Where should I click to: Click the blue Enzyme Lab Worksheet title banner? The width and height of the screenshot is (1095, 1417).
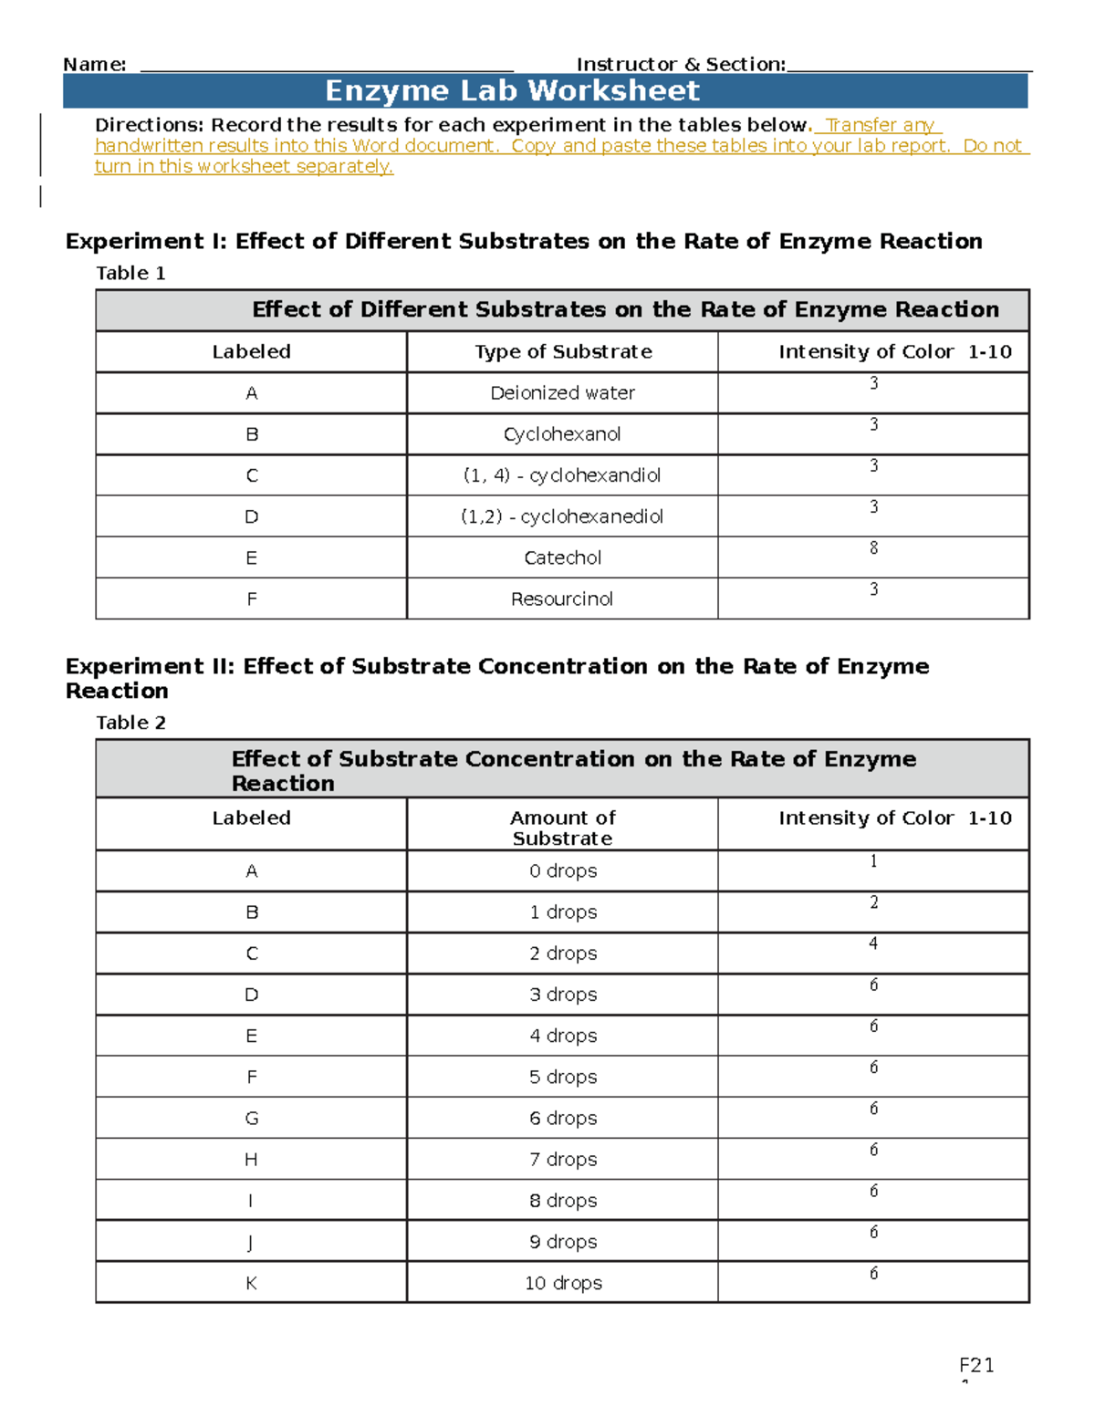pyautogui.click(x=546, y=91)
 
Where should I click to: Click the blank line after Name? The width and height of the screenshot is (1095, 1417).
pyautogui.click(x=327, y=66)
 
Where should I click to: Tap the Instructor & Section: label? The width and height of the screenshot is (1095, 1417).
pyautogui.click(x=681, y=65)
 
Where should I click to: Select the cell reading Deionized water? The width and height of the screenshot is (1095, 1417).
pyautogui.click(x=562, y=393)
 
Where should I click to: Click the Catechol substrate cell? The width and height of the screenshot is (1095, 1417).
pyautogui.click(x=562, y=558)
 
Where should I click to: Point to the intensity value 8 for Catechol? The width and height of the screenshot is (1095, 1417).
pyautogui.click(x=873, y=548)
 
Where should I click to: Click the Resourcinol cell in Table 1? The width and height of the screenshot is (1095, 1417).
pyautogui.click(x=562, y=599)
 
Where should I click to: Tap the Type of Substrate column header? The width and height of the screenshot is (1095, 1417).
pyautogui.click(x=562, y=352)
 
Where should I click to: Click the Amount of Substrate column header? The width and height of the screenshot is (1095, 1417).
pyautogui.click(x=562, y=828)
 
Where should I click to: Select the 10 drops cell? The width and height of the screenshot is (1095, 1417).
pyautogui.click(x=562, y=1283)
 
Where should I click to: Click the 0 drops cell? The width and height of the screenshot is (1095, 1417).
pyautogui.click(x=562, y=871)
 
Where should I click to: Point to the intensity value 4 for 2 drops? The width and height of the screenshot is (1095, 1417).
pyautogui.click(x=873, y=943)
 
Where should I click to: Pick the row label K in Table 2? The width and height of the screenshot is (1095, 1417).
pyautogui.click(x=252, y=1283)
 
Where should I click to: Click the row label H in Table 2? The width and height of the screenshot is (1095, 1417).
pyautogui.click(x=252, y=1160)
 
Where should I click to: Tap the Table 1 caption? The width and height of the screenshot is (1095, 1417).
pyautogui.click(x=130, y=274)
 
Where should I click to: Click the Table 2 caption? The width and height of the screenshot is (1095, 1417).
pyautogui.click(x=130, y=723)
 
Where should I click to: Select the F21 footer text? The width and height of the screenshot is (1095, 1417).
pyautogui.click(x=976, y=1365)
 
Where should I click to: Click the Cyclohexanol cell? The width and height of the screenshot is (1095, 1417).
pyautogui.click(x=562, y=434)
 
